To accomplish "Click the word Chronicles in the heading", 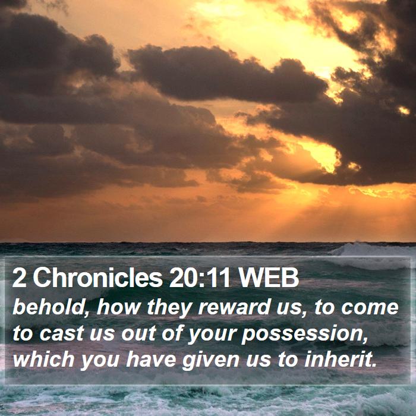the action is click(x=97, y=278).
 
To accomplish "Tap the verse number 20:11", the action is click(x=200, y=278).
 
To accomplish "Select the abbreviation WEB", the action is click(x=269, y=278).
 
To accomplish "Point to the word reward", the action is click(x=235, y=307).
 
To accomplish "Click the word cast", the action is click(x=62, y=333).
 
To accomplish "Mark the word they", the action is click(x=169, y=308).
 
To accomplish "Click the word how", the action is click(x=118, y=307).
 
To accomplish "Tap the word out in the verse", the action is click(x=138, y=333).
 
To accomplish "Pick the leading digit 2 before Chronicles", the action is click(x=19, y=278).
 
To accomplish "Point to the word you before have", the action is click(x=100, y=361).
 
